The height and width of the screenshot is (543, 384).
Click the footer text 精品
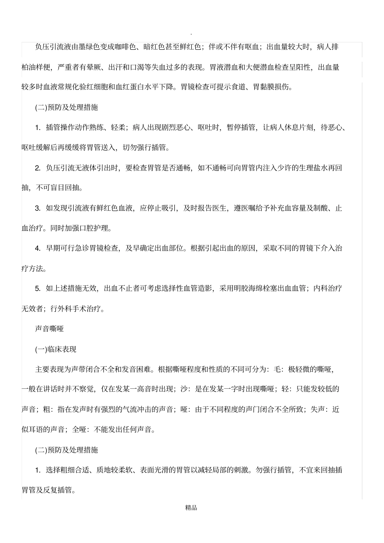[191, 508]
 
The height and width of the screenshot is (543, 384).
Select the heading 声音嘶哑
[49, 329]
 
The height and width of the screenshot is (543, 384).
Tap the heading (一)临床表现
[56, 349]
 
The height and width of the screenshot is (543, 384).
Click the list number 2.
[38, 168]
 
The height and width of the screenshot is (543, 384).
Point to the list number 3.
[38, 208]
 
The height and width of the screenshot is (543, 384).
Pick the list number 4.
[38, 248]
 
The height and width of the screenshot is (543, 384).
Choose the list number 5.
[38, 289]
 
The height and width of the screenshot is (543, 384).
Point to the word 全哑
[79, 430]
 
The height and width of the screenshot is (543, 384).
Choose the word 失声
[318, 409]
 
